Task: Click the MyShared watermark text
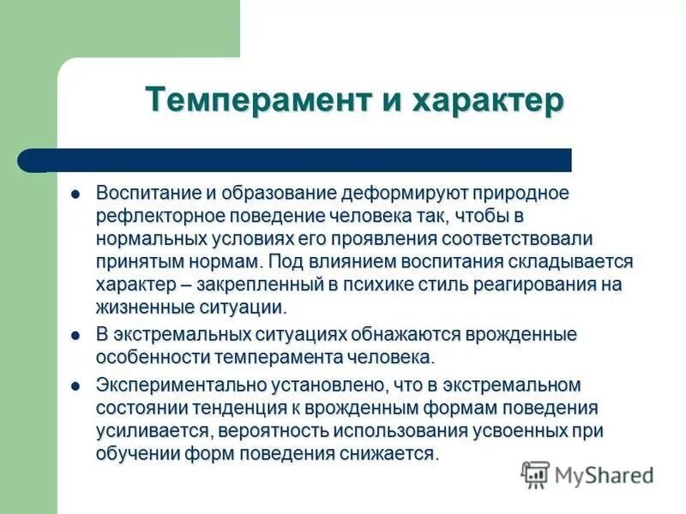(x=604, y=475)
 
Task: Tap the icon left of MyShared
(x=535, y=474)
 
